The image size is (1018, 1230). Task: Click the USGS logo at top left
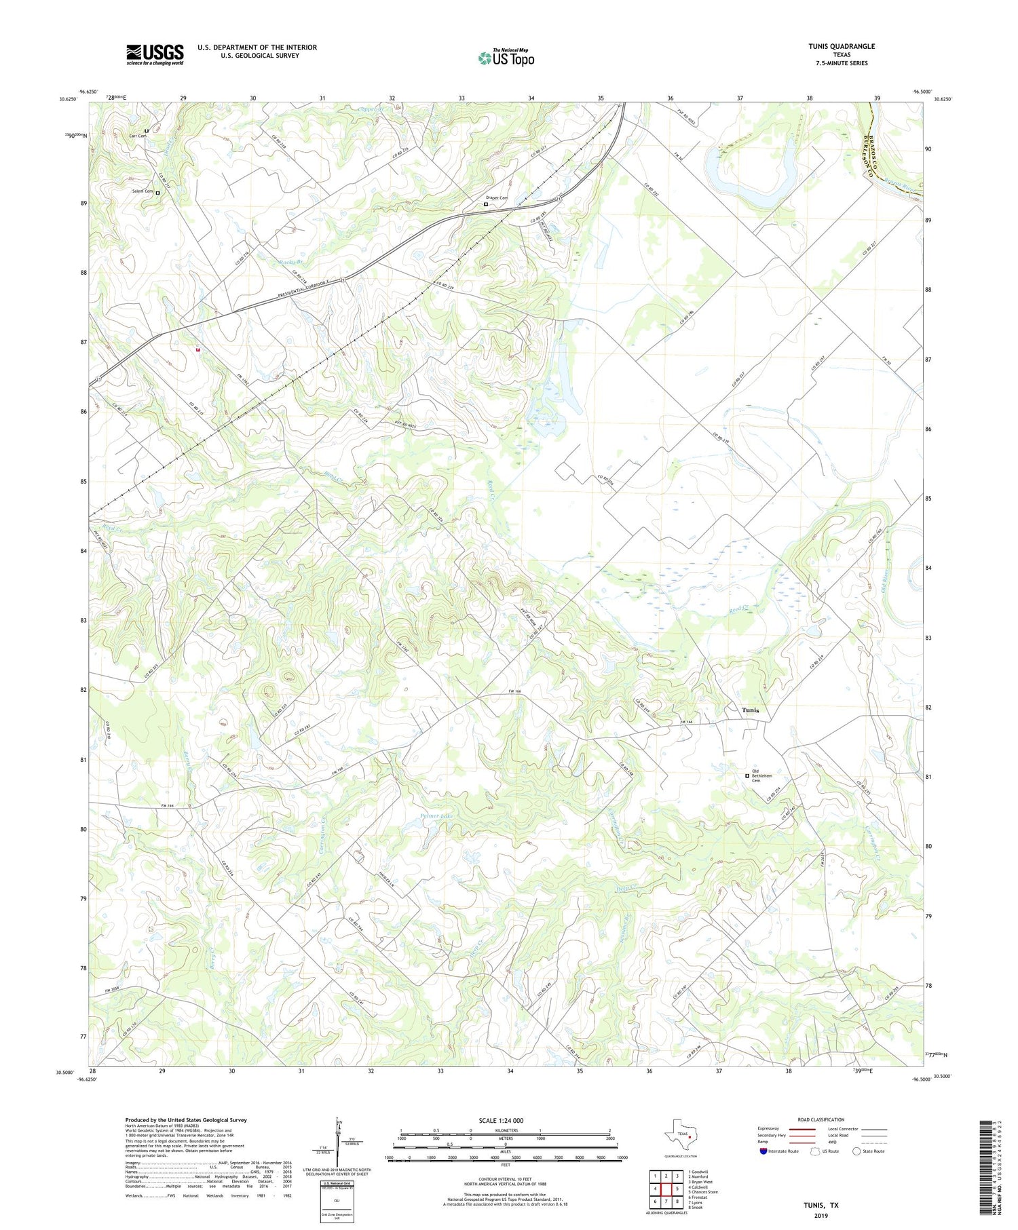[155, 54]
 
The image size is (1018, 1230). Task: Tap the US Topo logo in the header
[506, 58]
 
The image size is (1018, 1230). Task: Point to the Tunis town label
[750, 710]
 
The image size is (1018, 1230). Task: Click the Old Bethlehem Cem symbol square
[747, 775]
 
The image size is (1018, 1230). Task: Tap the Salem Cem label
[142, 191]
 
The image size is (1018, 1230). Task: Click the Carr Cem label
[138, 136]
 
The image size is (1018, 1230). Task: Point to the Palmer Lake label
[436, 815]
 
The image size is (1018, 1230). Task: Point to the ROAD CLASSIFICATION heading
[821, 1119]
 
